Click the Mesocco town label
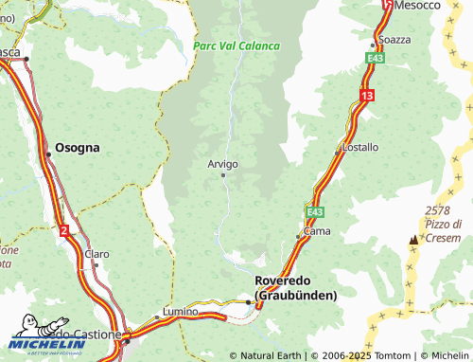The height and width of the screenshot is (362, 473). (x=419, y=6)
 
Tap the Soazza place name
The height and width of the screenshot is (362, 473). (x=394, y=40)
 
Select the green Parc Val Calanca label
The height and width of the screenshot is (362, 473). (x=236, y=45)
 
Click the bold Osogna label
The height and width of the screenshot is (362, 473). (x=78, y=148)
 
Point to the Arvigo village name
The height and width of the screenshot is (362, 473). (x=222, y=164)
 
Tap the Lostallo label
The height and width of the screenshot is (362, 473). (x=359, y=148)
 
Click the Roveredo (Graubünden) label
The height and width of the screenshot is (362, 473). (x=296, y=288)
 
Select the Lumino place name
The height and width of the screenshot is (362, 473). (x=180, y=311)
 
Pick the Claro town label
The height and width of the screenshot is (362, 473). (x=97, y=254)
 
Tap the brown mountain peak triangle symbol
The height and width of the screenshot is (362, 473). (x=413, y=241)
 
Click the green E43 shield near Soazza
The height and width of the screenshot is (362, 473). (x=376, y=59)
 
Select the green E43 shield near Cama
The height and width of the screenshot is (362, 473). (x=315, y=211)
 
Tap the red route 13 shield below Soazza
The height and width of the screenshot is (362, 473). (x=366, y=95)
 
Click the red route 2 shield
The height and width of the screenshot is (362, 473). (x=63, y=229)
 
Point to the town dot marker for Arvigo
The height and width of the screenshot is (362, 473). (x=223, y=175)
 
